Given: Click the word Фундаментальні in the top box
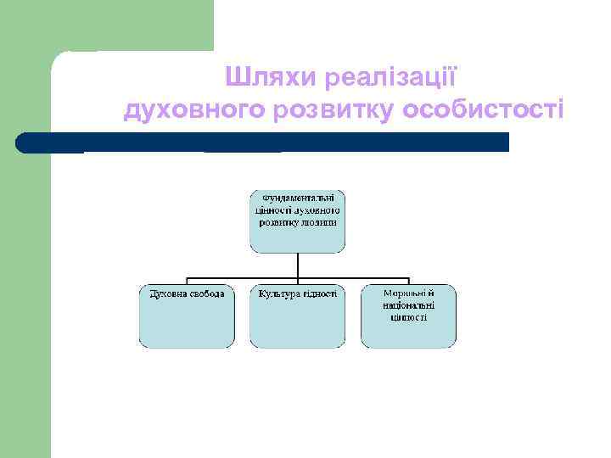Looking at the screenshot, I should (297, 198).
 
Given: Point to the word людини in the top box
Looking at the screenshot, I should (319, 222).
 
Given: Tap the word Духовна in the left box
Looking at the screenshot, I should (168, 293).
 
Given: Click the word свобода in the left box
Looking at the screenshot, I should (207, 293).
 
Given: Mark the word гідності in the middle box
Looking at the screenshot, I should (320, 293).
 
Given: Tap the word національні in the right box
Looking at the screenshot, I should (408, 305).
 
